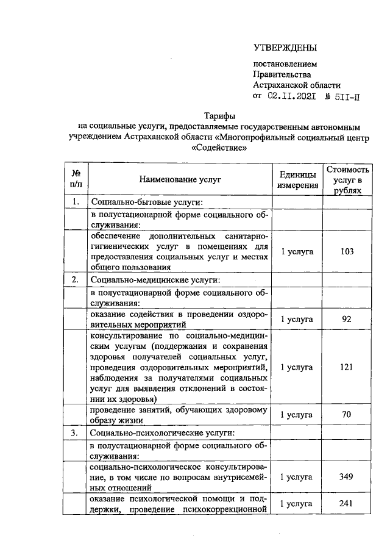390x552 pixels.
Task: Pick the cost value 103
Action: pyautogui.click(x=347, y=251)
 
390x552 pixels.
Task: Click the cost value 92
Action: pyautogui.click(x=347, y=319)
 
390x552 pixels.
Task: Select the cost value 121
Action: pyautogui.click(x=347, y=367)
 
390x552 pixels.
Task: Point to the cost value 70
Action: pyautogui.click(x=347, y=415)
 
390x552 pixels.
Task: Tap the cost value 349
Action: pyautogui.click(x=347, y=476)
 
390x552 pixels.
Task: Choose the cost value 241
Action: pyautogui.click(x=347, y=504)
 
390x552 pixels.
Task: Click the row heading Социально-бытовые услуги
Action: pyautogui.click(x=146, y=203)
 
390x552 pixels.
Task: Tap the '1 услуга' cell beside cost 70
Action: pyautogui.click(x=297, y=415)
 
